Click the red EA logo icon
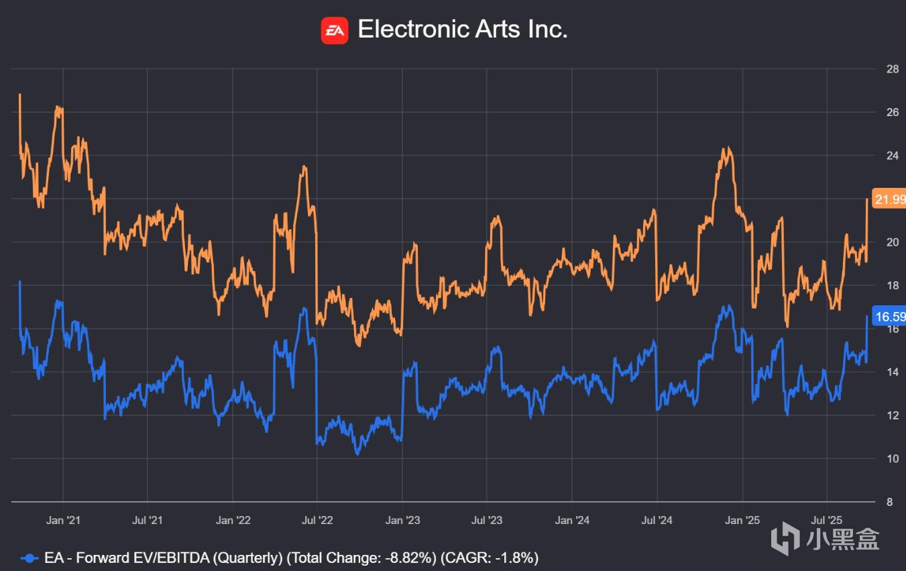335,30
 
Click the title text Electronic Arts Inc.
463,30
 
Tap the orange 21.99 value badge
889,199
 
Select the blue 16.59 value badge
889,317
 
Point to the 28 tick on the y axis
892,69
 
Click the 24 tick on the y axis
892,156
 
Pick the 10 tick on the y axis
892,459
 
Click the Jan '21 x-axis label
64,520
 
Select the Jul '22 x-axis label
317,520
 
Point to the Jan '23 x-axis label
402,520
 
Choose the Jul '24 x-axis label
657,520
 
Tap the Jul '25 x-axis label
826,520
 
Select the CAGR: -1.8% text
492,558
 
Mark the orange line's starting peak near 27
19,95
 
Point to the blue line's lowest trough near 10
357,454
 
